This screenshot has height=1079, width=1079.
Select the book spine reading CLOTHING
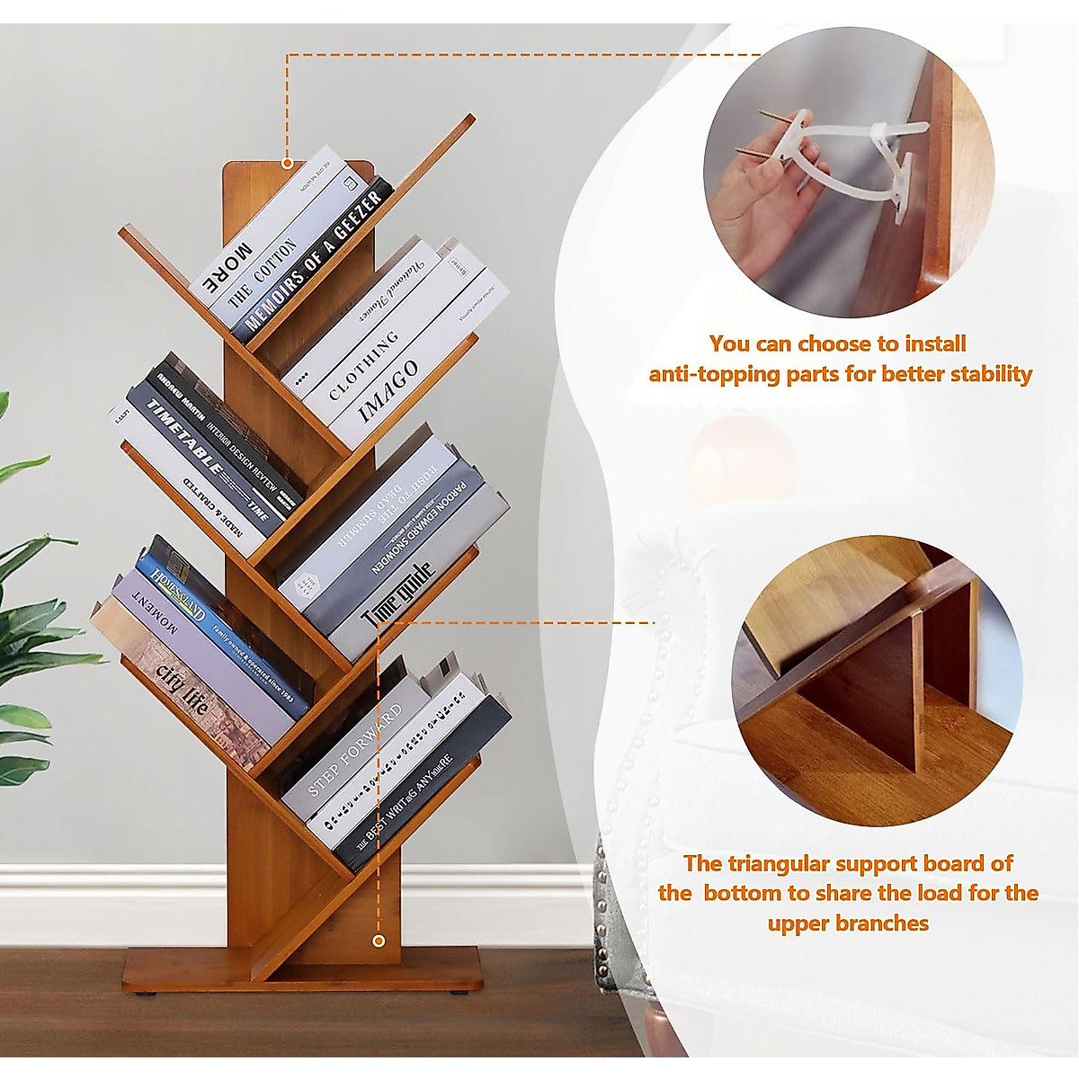[x=363, y=364]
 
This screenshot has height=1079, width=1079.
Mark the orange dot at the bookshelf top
[x=287, y=163]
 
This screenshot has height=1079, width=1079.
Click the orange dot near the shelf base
[x=378, y=940]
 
